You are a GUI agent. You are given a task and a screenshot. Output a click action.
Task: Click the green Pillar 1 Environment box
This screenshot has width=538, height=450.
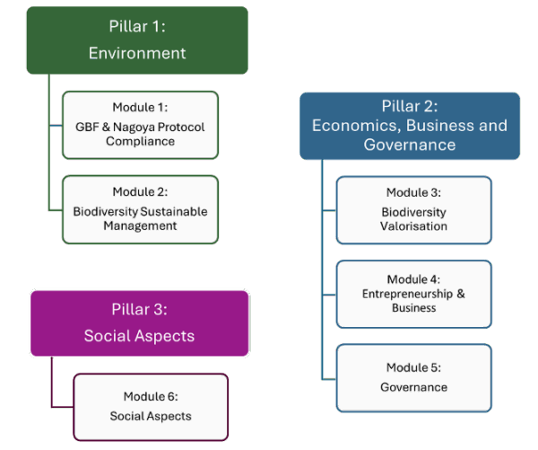click(x=136, y=40)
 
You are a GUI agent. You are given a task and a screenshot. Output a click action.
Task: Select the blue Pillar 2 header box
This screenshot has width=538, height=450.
click(x=409, y=126)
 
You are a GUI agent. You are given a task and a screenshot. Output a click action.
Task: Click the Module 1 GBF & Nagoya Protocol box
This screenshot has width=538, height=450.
click(x=139, y=125)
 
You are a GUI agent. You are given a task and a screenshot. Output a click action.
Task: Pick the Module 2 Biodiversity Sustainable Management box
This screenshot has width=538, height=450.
click(x=139, y=209)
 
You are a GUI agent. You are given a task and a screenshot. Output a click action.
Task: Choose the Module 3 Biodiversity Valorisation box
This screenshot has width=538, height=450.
click(x=413, y=209)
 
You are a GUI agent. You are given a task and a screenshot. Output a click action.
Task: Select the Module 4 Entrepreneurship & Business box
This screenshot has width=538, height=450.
click(x=413, y=294)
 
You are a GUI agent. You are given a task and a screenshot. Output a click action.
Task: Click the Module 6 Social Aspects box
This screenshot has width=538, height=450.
click(x=151, y=406)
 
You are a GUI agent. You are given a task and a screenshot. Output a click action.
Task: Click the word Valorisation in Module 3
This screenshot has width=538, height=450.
click(x=413, y=225)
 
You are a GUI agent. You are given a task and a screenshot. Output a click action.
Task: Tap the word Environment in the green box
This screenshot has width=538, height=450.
click(x=136, y=53)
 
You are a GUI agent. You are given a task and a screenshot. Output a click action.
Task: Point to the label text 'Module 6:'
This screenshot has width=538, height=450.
click(x=151, y=396)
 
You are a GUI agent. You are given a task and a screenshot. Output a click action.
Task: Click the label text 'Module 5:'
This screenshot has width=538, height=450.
click(x=413, y=367)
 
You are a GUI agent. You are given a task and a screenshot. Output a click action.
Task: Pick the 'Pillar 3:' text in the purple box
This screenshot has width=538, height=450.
click(x=139, y=310)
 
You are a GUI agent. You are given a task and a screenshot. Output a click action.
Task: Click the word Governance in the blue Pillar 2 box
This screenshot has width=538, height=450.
click(x=409, y=145)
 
